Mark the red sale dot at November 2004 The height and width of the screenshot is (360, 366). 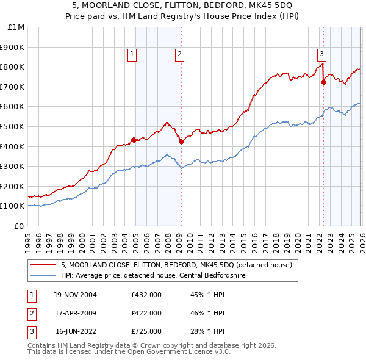134,140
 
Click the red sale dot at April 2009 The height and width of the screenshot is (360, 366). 181,142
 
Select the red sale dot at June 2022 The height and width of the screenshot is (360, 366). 323,82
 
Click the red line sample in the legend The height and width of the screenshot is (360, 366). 43,265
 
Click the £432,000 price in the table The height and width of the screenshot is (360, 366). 146,294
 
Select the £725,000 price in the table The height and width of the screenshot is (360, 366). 146,332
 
